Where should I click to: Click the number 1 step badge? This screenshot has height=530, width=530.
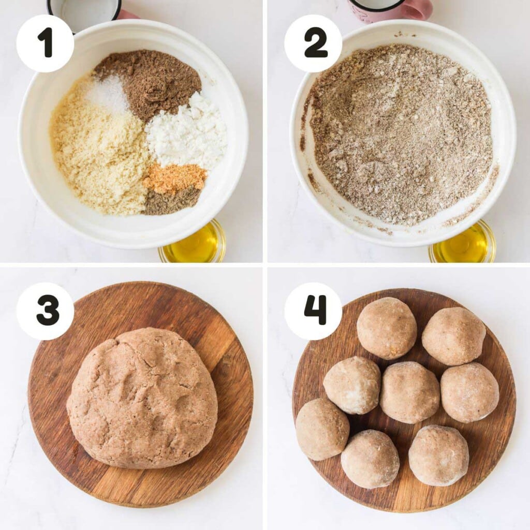point(45,43)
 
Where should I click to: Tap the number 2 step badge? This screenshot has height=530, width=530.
point(313,43)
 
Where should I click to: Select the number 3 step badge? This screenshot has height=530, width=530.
point(45,311)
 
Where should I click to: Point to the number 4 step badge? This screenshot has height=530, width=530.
point(313,311)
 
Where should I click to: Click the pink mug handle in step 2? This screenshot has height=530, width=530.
point(419,9)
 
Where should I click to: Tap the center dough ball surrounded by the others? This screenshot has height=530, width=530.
point(409,392)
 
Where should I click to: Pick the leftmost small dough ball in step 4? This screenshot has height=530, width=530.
point(322,429)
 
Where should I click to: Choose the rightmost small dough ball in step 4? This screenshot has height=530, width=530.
point(469,392)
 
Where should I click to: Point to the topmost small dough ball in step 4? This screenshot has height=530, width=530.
point(387,328)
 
